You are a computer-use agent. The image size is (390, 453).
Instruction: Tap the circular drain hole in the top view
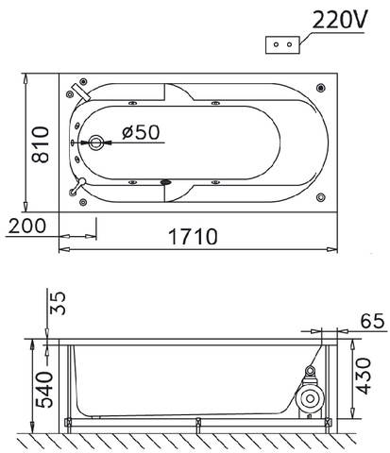pyautogui.click(x=96, y=142)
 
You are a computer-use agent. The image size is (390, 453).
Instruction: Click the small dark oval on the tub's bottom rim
pyautogui.click(x=166, y=183)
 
